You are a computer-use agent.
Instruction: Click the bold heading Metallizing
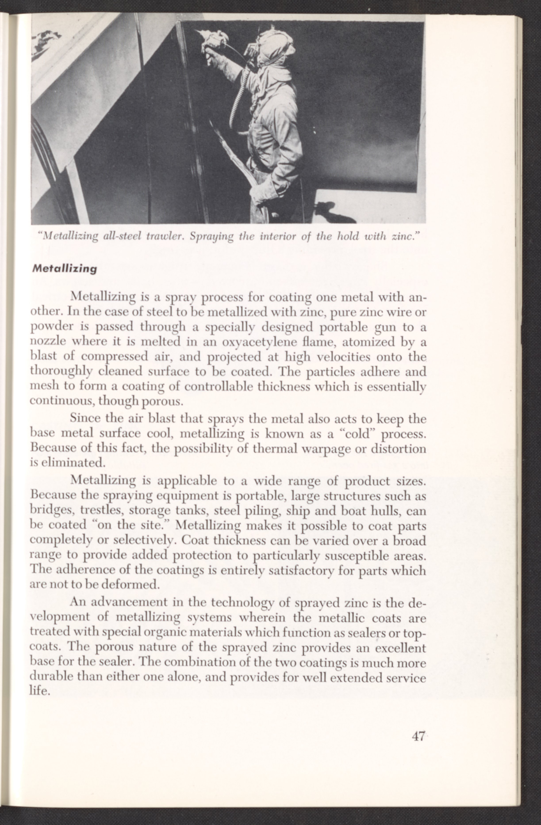coord(64,269)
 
